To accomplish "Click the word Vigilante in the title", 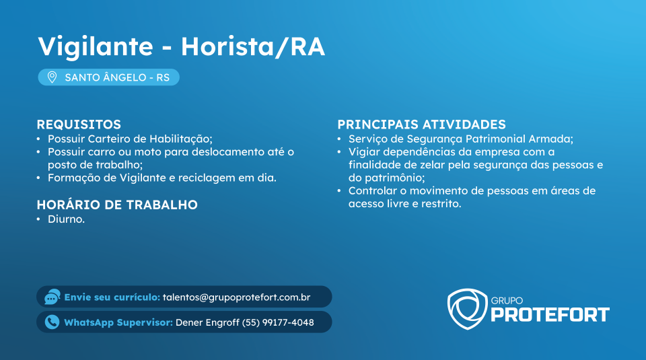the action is point(96,47).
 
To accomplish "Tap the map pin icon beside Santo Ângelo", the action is point(52,77).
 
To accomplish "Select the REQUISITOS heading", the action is point(79,124).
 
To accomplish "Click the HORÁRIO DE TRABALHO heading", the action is point(117,205).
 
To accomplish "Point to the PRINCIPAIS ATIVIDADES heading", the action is point(421,124).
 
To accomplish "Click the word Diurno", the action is point(67,219).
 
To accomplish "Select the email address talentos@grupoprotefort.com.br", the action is point(236,297).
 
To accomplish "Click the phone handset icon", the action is point(52,322).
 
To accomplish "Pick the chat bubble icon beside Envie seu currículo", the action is point(52,297).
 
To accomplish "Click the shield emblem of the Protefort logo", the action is point(467,309).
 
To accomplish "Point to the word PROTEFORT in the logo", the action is point(550,315).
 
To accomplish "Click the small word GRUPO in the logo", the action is point(507,301).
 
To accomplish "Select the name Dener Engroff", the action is point(207,322).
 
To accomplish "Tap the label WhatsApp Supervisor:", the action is point(118,322).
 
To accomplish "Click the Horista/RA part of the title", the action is point(253,47).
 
